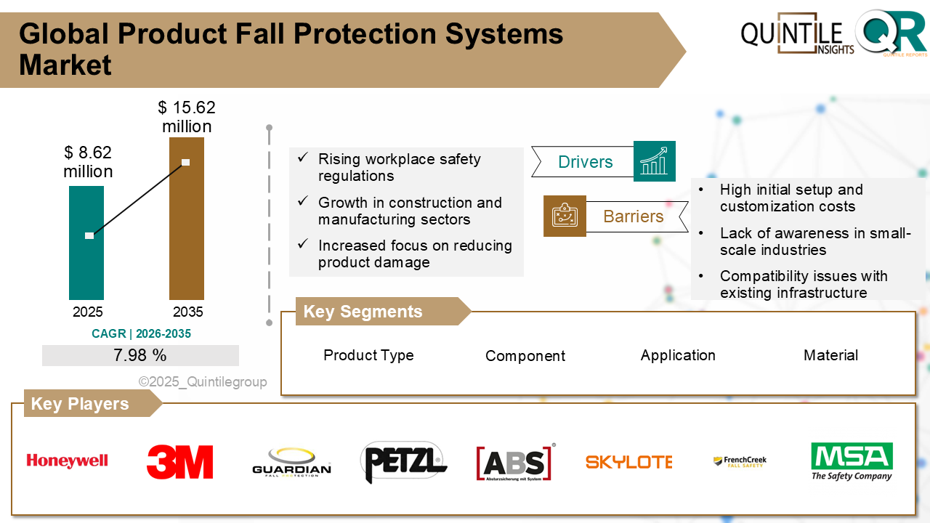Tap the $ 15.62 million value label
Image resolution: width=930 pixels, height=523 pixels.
pyautogui.click(x=187, y=117)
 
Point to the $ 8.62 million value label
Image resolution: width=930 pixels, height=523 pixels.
pyautogui.click(x=88, y=162)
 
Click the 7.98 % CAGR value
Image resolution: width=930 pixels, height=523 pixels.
pyautogui.click(x=140, y=355)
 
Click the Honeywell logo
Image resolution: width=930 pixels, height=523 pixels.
pyautogui.click(x=67, y=461)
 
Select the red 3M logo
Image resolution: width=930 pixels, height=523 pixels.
pyautogui.click(x=179, y=462)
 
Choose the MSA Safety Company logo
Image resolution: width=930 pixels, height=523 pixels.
pyautogui.click(x=852, y=461)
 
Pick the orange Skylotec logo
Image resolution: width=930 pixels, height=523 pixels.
pyautogui.click(x=628, y=462)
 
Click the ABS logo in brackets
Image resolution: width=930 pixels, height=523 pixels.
pyautogui.click(x=515, y=462)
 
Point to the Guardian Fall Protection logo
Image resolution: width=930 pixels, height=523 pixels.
pyautogui.click(x=291, y=462)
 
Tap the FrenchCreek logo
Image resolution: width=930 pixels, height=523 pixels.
pyautogui.click(x=740, y=461)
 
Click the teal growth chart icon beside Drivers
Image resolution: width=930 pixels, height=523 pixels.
pyautogui.click(x=654, y=161)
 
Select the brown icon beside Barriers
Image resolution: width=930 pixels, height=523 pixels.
pyautogui.click(x=565, y=216)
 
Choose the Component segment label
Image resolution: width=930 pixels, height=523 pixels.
pyautogui.click(x=525, y=356)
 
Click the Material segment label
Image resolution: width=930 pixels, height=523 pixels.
pyautogui.click(x=830, y=355)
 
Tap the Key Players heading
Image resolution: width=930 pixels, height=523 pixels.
pyautogui.click(x=80, y=404)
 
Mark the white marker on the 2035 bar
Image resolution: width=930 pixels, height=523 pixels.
pyautogui.click(x=185, y=162)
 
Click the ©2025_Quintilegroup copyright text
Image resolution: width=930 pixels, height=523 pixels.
pyautogui.click(x=203, y=382)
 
